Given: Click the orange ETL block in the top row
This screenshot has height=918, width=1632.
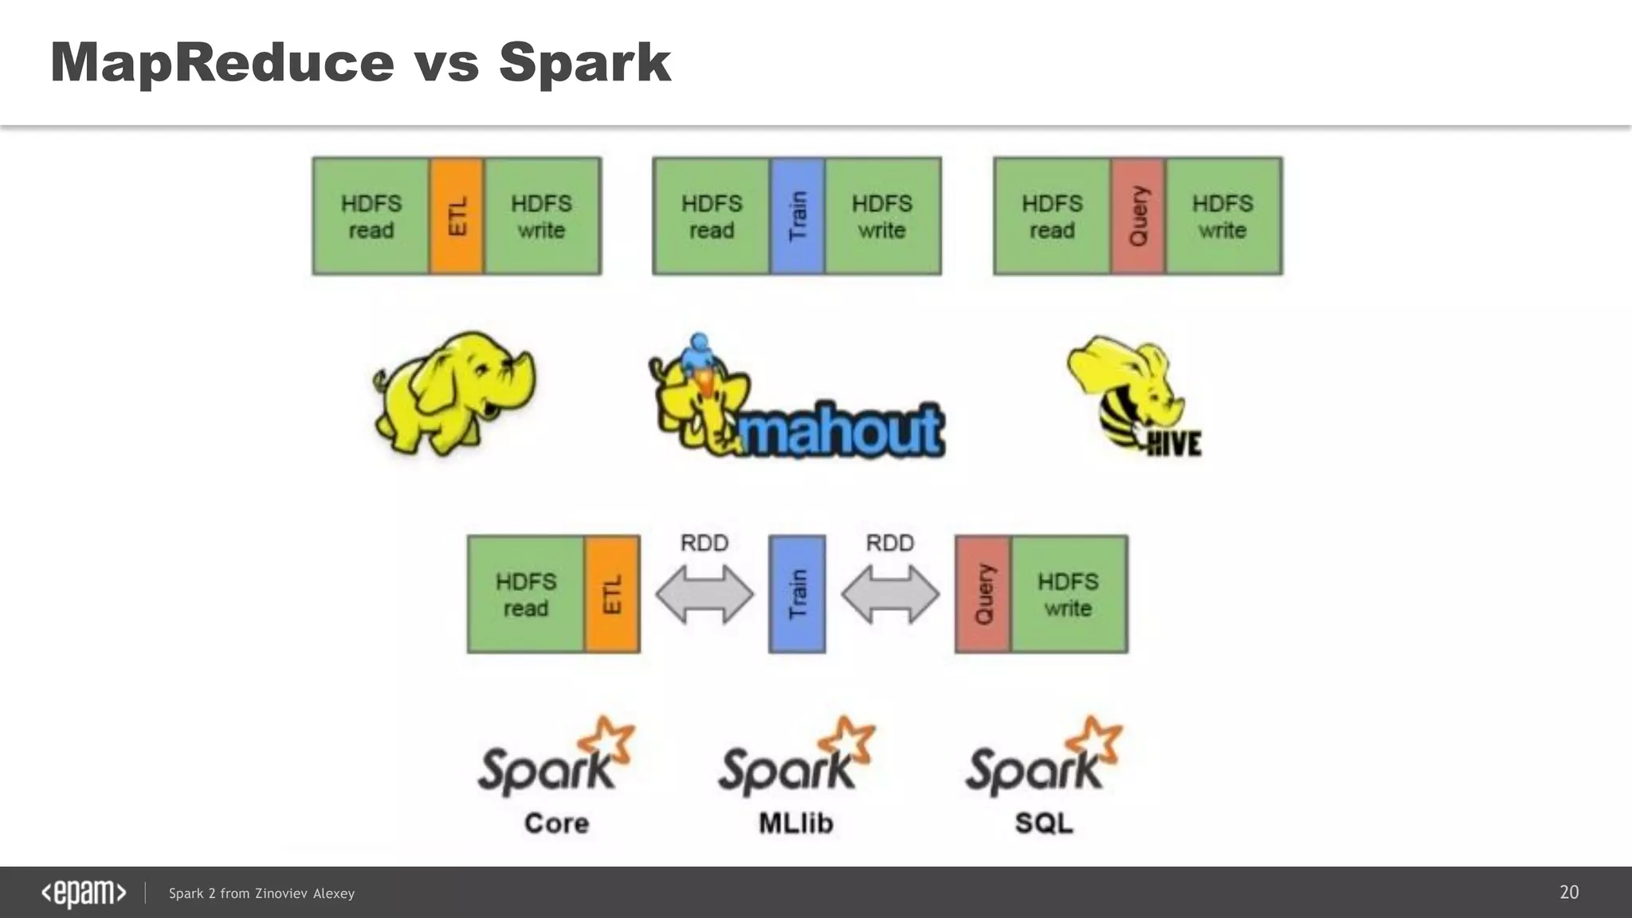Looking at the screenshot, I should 457,216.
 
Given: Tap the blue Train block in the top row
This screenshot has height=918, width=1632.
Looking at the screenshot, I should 797,216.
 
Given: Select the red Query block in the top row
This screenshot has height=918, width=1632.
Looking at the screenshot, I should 1138,216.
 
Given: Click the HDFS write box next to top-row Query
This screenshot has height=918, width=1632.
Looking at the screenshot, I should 1223,216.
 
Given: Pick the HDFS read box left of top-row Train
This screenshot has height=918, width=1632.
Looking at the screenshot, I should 711,216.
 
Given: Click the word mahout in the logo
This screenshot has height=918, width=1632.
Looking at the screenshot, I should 841,430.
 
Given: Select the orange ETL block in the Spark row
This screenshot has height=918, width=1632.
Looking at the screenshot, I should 612,594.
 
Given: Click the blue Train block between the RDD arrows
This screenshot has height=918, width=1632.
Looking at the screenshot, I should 797,594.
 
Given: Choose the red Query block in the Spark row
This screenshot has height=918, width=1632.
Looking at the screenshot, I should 983,594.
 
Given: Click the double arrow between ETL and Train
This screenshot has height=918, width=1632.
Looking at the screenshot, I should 704,594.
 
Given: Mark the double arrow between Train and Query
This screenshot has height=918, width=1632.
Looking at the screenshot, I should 890,594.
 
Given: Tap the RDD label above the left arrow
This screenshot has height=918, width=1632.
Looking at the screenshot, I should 704,543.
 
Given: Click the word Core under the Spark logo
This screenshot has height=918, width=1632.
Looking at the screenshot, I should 556,823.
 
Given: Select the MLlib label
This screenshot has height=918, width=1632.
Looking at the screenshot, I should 796,823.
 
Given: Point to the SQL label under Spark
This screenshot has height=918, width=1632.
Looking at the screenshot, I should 1044,823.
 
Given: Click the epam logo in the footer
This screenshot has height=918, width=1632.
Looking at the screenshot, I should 84,893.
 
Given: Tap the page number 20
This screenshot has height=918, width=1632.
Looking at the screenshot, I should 1569,892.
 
